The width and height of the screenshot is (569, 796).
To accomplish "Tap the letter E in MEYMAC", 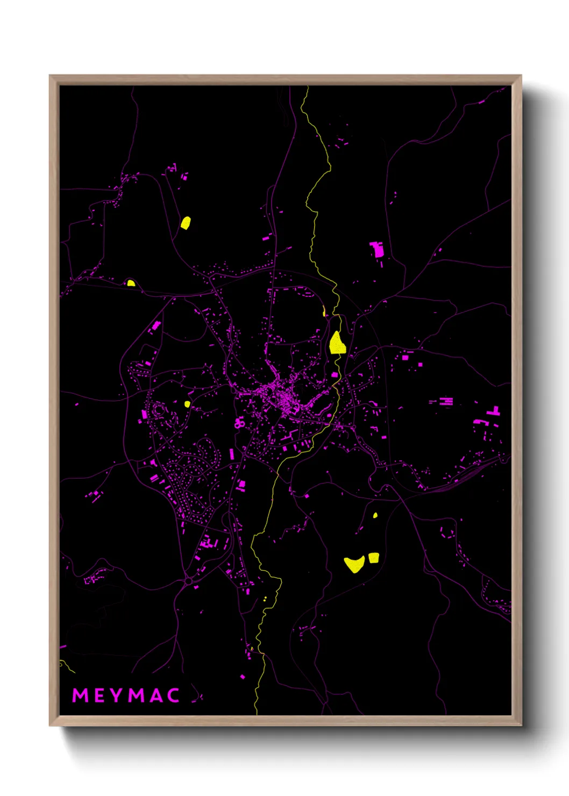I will point(101,695).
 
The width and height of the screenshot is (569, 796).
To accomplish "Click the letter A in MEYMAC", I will point(156,695).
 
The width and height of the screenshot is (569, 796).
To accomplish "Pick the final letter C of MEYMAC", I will point(173,695).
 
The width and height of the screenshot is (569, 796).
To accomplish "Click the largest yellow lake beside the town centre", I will point(337,343).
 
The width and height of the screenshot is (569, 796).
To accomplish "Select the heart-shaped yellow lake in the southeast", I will point(354,564).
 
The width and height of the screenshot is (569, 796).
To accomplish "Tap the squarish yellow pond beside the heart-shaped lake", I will point(374,558).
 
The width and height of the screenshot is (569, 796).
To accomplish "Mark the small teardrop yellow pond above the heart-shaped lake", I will point(375,515).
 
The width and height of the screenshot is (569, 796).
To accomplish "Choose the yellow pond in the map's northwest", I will point(186,223).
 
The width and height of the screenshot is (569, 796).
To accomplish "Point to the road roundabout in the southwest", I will point(188,581).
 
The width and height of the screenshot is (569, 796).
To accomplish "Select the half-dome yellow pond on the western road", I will point(131,283).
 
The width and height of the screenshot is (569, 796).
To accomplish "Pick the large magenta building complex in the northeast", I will point(378,249).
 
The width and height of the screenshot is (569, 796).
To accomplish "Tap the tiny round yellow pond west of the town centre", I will point(187,404).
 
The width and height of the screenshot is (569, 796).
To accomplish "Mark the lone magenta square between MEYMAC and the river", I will point(243,677).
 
